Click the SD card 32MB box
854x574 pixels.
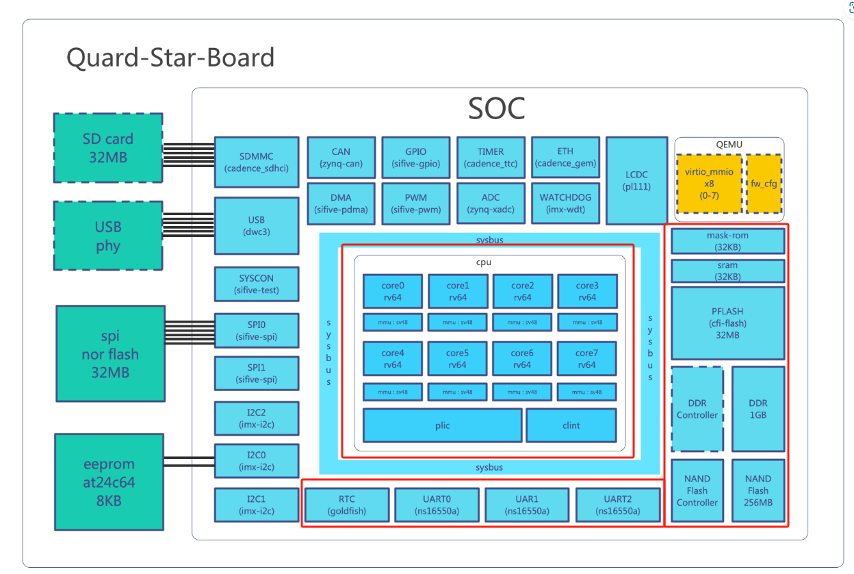pyautogui.click(x=108, y=148)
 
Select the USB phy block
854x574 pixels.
pyautogui.click(x=108, y=236)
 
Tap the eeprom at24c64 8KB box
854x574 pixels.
pyautogui.click(x=109, y=482)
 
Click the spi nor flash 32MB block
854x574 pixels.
pyautogui.click(x=111, y=354)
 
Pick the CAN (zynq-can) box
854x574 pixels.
pyautogui.click(x=341, y=158)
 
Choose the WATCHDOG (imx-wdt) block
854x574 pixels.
pyautogui.click(x=565, y=203)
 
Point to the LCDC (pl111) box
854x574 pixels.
pyautogui.click(x=636, y=181)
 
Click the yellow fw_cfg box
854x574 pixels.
pyautogui.click(x=764, y=184)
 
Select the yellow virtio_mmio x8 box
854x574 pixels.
pyautogui.click(x=709, y=184)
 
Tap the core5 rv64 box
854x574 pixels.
pyautogui.click(x=458, y=359)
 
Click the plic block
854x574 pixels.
pyautogui.click(x=442, y=425)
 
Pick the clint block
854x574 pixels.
pyautogui.click(x=571, y=425)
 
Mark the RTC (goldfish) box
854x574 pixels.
pyautogui.click(x=347, y=505)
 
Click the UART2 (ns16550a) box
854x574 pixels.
pyautogui.click(x=618, y=505)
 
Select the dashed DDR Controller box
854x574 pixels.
pyautogui.click(x=697, y=409)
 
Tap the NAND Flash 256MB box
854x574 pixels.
pyautogui.click(x=758, y=491)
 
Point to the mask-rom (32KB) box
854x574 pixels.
pyautogui.click(x=728, y=241)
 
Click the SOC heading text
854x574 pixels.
pyautogui.click(x=496, y=108)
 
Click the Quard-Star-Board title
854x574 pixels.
pyautogui.click(x=170, y=58)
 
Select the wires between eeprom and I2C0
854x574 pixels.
pyautogui.click(x=189, y=462)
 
